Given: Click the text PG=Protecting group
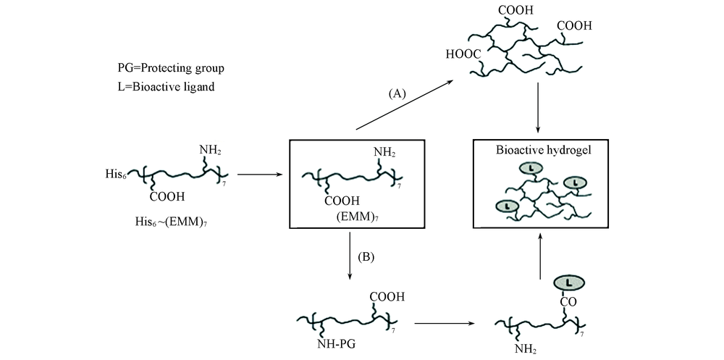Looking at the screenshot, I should point(171,68).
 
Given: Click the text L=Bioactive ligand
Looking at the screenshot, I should point(161,87).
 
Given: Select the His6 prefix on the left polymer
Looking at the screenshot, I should point(116,175).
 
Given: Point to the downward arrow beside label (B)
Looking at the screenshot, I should point(350,256).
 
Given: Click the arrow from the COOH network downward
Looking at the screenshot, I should point(539,109).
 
